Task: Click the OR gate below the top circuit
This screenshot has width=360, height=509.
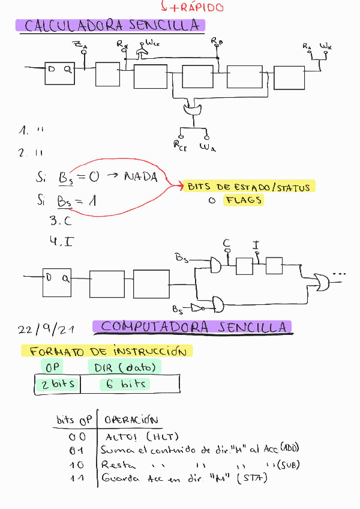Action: click(x=192, y=110)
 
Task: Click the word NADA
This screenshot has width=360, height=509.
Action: click(x=140, y=176)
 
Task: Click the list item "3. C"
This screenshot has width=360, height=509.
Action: click(x=61, y=221)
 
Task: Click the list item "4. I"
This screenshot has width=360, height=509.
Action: click(x=61, y=241)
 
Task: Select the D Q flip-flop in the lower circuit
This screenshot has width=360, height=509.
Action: click(x=56, y=283)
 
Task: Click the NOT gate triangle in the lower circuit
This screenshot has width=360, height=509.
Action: click(x=197, y=307)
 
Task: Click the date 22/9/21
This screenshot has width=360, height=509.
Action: click(x=46, y=330)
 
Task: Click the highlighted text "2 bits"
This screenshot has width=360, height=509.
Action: click(x=58, y=384)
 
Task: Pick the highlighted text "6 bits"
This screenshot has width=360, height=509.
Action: click(x=125, y=384)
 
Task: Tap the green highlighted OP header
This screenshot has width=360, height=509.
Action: click(x=50, y=366)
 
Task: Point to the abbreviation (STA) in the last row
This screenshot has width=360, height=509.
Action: click(x=253, y=478)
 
